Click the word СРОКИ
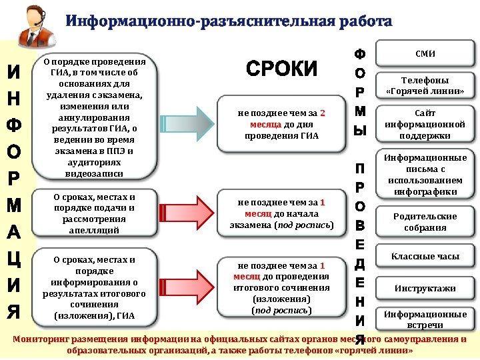point(282,69)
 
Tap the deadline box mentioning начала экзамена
point(282,213)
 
